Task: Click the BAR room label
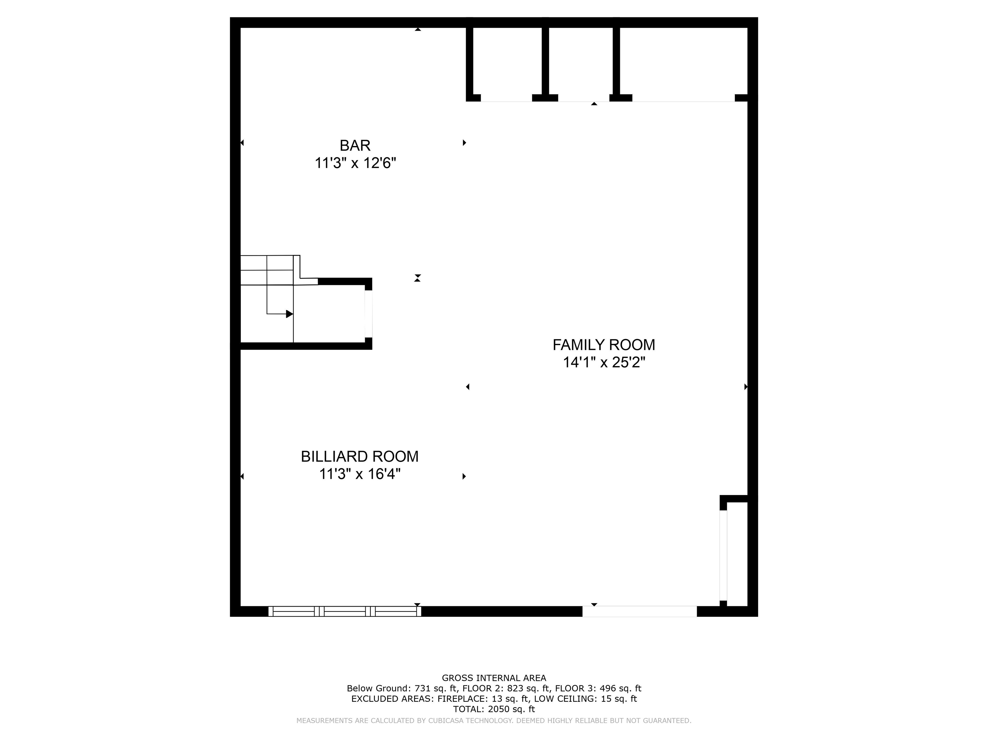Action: point(355,146)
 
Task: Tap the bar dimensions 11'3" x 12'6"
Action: point(355,163)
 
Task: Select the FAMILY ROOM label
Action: point(604,345)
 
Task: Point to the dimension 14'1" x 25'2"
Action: point(604,362)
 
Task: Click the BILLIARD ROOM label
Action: point(360,456)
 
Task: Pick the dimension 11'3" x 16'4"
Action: point(360,474)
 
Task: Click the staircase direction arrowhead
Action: point(289,314)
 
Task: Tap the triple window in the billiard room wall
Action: point(344,611)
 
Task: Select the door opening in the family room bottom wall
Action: point(640,611)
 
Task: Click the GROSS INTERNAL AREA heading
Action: point(494,678)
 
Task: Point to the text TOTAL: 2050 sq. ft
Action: point(494,709)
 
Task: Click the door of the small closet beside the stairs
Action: point(369,314)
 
